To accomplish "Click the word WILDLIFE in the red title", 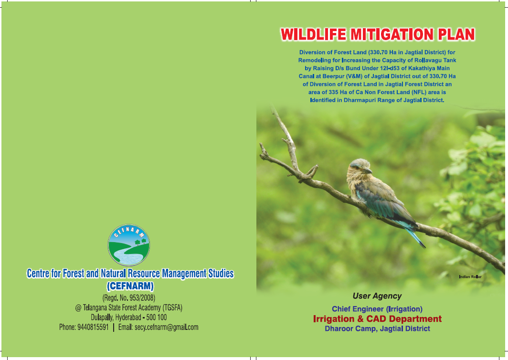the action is [313, 35].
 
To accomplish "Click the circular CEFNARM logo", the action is [129, 245].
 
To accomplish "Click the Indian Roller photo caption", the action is [470, 277].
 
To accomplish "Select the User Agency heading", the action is [377, 296].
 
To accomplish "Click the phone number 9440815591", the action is [93, 327].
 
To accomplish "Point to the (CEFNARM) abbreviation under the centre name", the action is [130, 286].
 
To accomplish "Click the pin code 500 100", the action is [157, 317].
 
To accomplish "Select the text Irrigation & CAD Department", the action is [378, 319].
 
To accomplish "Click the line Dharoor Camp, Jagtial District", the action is [378, 328].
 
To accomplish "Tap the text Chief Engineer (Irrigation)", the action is [377, 309].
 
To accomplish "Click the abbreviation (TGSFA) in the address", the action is [172, 307].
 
